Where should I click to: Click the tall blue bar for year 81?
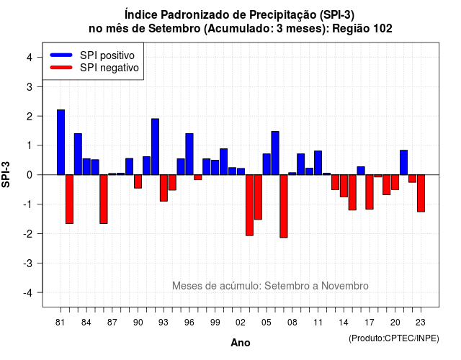61,143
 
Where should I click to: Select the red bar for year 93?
164,188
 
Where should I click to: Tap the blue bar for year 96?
189,154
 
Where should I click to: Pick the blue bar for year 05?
267,164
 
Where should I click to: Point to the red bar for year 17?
370,192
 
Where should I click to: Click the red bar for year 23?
421,194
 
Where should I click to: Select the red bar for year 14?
344,186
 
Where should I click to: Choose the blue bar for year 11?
318,163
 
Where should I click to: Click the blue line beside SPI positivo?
61,55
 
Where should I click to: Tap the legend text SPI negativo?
109,68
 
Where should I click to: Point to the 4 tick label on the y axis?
30,58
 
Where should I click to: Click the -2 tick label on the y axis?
28,233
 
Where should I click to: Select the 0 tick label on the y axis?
30,175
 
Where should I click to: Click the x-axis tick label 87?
112,323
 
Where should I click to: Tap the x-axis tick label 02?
241,323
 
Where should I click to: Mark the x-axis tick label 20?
395,323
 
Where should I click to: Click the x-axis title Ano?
241,343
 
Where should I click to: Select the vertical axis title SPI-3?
6,174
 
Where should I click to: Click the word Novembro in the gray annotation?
344,286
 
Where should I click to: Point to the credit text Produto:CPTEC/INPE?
394,338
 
